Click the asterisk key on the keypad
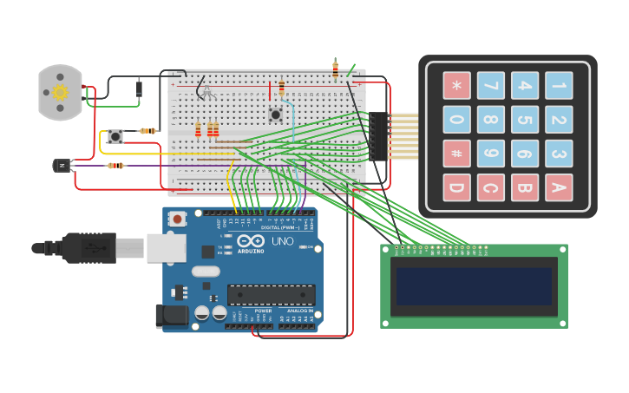pyautogui.click(x=456, y=85)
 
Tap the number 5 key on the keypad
pyautogui.click(x=525, y=119)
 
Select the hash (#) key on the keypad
pyautogui.click(x=456, y=154)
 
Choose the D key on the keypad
pyautogui.click(x=456, y=187)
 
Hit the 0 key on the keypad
pyautogui.click(x=456, y=119)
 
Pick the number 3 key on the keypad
pyautogui.click(x=559, y=154)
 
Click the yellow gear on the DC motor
pyautogui.click(x=60, y=92)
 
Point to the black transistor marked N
pyautogui.click(x=62, y=165)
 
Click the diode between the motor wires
pyautogui.click(x=139, y=88)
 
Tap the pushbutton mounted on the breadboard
pyautogui.click(x=276, y=114)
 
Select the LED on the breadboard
pyautogui.click(x=206, y=90)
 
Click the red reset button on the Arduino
pyautogui.click(x=178, y=219)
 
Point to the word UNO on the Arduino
pyautogui.click(x=283, y=241)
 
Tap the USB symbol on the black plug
pyautogui.click(x=94, y=248)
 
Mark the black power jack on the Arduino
pyautogui.click(x=172, y=316)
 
